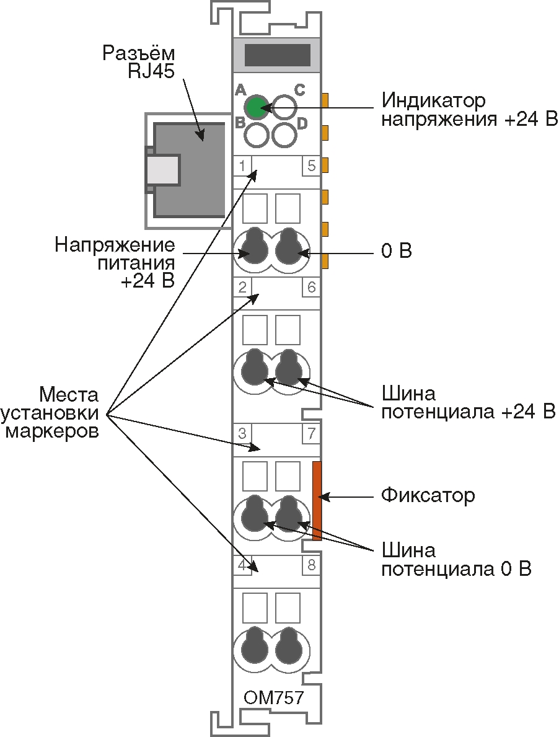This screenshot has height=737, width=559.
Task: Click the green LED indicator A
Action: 255,107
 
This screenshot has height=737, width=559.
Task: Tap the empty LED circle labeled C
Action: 284,107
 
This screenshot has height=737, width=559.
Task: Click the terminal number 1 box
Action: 242,166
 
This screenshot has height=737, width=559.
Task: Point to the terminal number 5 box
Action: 311,166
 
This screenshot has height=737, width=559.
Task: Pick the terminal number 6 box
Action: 311,287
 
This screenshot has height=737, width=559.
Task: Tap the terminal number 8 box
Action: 311,565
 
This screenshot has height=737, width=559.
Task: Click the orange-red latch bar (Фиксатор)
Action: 317,501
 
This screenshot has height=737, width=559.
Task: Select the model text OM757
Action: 274,698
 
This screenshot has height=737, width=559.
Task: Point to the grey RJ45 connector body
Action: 189,169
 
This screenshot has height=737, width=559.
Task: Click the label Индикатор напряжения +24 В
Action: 469,109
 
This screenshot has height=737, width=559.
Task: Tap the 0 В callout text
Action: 396,252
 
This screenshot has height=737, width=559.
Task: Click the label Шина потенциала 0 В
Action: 456,560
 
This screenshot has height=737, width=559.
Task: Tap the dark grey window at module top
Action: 277,55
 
